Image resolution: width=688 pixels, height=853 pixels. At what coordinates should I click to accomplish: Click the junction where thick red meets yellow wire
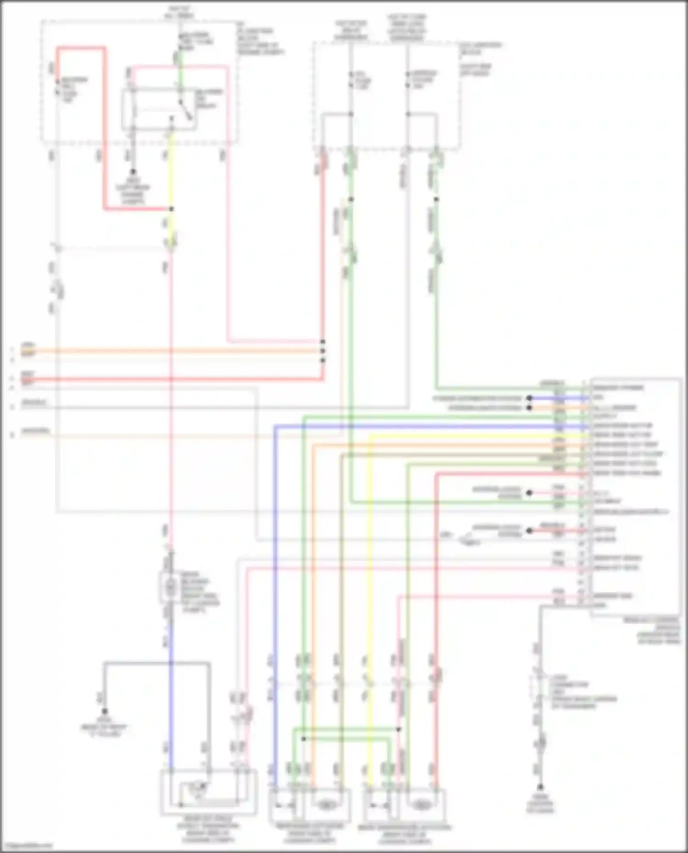pos(171,209)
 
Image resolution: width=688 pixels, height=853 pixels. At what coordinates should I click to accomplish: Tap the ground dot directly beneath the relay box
pos(133,172)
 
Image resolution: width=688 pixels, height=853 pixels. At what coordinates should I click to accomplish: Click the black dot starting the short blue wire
pos(529,398)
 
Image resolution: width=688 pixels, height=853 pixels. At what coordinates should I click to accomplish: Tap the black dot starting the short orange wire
pos(529,407)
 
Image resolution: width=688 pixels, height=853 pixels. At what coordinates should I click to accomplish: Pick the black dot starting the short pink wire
pos(529,493)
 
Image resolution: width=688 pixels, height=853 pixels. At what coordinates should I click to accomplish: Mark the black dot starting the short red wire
pos(529,531)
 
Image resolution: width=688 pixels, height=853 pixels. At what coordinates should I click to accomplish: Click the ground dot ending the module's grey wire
pos(540,787)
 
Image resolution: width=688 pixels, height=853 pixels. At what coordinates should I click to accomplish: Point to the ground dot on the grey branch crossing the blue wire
pos(105,711)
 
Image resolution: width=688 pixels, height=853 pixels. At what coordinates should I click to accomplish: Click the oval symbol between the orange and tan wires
pos(327,804)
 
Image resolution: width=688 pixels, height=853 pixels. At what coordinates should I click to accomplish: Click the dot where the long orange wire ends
pos(323,351)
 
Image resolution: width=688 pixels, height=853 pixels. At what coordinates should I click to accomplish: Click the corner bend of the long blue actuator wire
pos(275,427)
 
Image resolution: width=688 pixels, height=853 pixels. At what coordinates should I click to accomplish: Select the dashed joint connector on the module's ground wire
pos(540,688)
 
